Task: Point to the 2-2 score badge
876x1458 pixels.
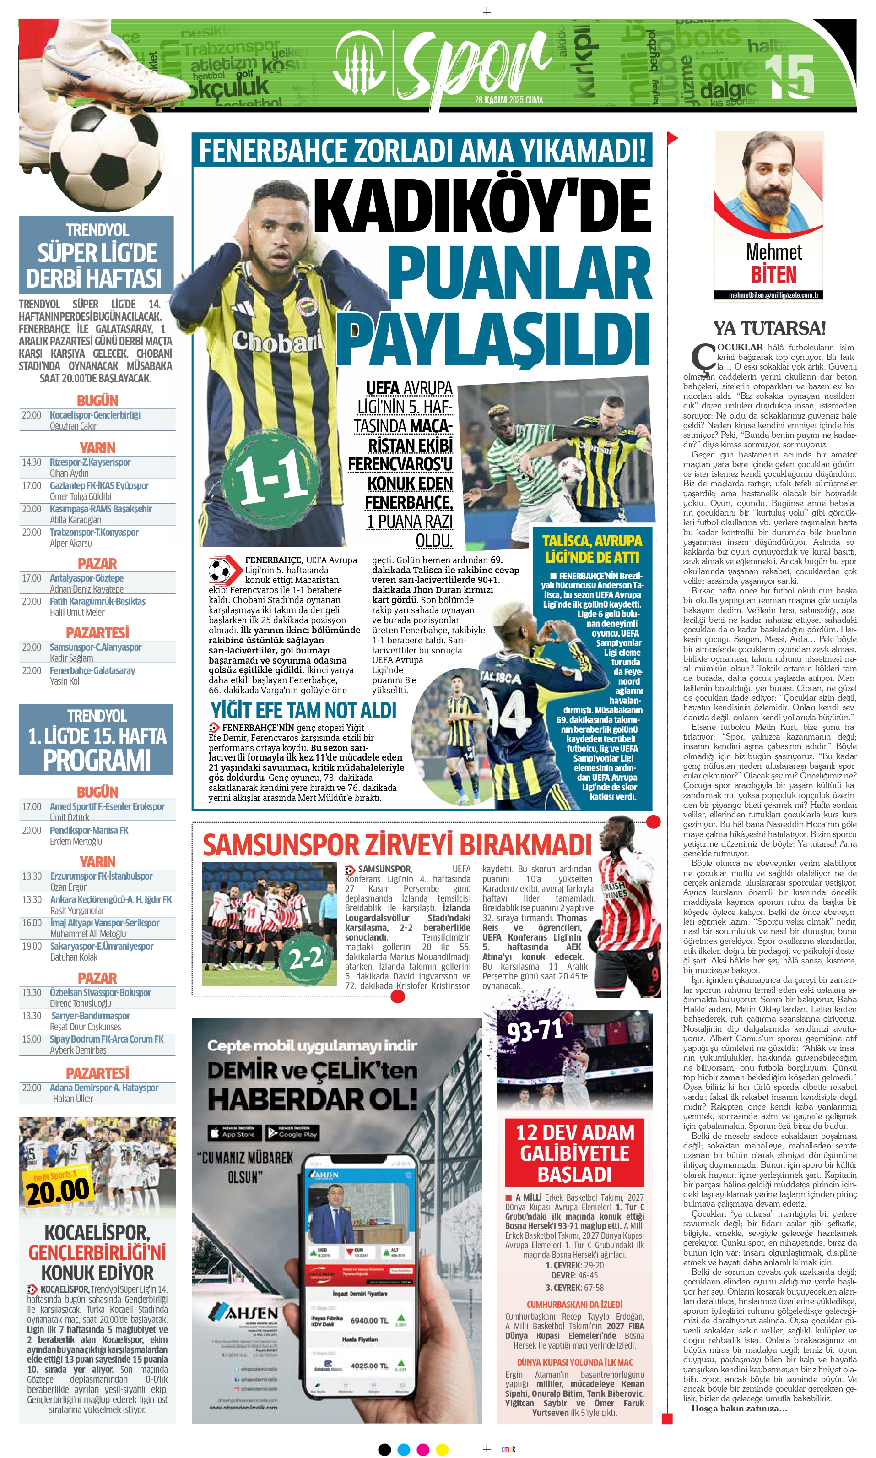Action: coord(305,958)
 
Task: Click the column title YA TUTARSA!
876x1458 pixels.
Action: coord(769,328)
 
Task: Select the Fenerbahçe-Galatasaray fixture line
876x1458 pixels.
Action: coord(92,670)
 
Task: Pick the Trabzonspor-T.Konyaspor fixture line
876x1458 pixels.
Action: coord(94,532)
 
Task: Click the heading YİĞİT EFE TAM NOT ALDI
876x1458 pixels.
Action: coord(303,710)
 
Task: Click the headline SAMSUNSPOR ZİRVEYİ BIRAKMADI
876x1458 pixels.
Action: coord(397,844)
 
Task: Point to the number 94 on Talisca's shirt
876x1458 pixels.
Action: coord(508,714)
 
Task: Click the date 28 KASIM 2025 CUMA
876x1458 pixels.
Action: coord(509,100)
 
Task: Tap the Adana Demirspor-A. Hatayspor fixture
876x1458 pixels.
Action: coord(104,1088)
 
